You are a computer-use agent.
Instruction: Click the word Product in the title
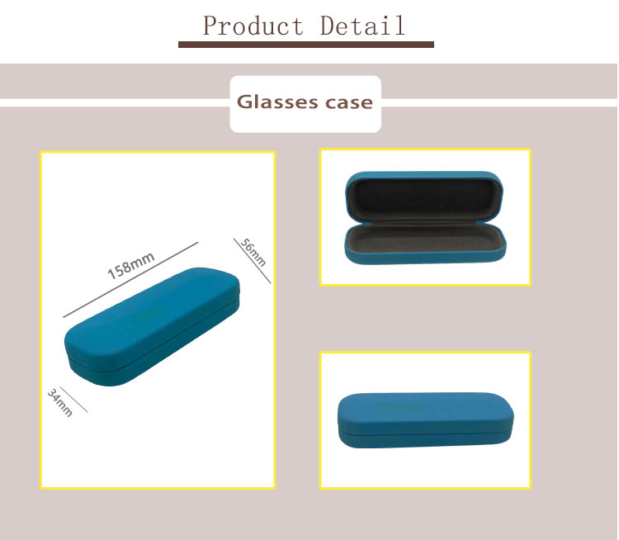(x=253, y=26)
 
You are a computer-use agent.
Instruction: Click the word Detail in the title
(x=362, y=26)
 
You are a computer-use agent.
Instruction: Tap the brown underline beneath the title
(x=306, y=45)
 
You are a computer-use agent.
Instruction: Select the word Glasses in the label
(x=277, y=102)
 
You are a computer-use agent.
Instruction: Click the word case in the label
(x=349, y=103)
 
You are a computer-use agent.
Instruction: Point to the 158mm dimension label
(x=130, y=265)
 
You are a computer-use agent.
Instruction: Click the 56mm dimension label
(x=253, y=253)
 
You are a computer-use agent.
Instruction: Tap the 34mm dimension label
(x=60, y=403)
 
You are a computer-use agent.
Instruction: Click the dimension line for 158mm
(x=130, y=280)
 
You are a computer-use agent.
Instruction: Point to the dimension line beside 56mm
(x=253, y=261)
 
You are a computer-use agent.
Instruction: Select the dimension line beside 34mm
(x=73, y=400)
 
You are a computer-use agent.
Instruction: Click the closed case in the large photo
(x=152, y=327)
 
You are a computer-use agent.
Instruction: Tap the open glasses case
(x=425, y=218)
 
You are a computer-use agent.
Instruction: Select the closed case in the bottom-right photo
(x=426, y=420)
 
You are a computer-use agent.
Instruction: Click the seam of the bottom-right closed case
(x=426, y=433)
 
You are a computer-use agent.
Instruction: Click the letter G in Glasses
(x=245, y=102)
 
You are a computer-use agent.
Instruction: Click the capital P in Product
(x=211, y=26)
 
